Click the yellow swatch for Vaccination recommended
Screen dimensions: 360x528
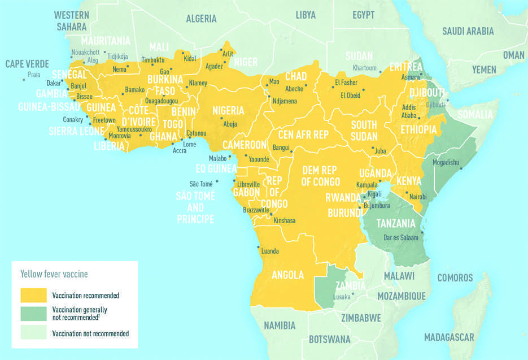coord(34,295)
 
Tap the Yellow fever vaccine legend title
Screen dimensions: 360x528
coord(54,274)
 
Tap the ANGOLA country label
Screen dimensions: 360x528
coord(287,276)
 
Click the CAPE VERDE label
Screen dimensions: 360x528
coord(27,64)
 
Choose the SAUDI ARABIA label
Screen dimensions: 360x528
coord(468,32)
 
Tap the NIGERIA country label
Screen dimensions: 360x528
coord(228,110)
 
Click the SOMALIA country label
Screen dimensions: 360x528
coord(475,115)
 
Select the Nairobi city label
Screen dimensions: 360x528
coord(418,196)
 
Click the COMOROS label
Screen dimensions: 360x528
coord(455,278)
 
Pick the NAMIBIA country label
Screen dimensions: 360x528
coord(280,326)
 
